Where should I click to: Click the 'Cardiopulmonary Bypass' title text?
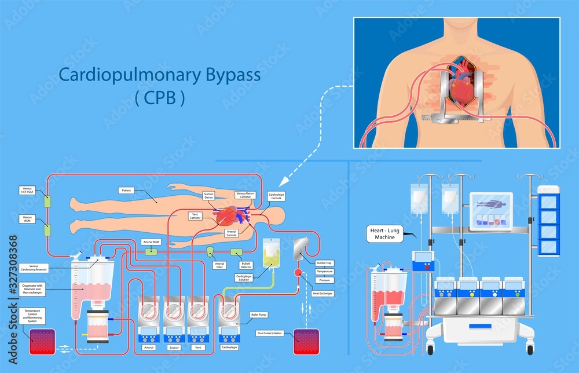[x=160, y=75]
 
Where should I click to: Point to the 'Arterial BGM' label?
[x=151, y=242]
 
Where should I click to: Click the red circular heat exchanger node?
[x=299, y=272]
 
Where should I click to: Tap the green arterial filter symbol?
[x=211, y=251]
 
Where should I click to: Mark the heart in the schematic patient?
[x=226, y=216]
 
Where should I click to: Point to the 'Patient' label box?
[x=127, y=190]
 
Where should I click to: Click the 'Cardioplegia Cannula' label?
[x=276, y=197]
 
